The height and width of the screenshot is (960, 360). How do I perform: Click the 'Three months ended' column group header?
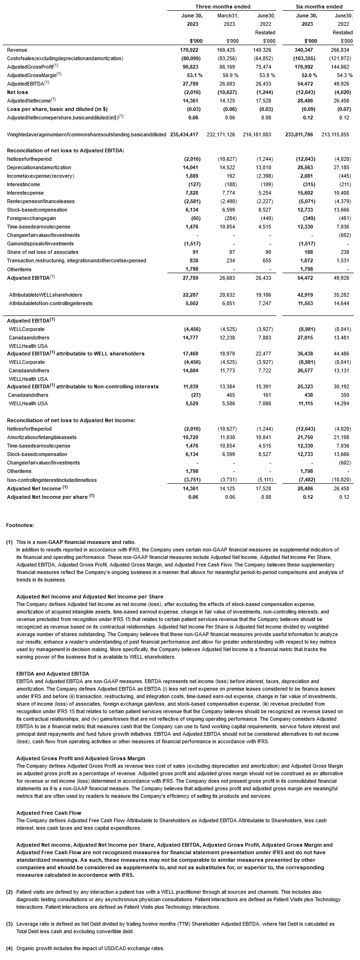tap(223, 7)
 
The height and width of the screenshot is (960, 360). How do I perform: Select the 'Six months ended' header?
tap(319, 7)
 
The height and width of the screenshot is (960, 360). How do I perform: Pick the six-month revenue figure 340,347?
tap(306, 50)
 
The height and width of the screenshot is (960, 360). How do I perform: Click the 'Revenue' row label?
tap(17, 50)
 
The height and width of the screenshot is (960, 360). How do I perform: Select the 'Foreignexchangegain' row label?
tap(30, 218)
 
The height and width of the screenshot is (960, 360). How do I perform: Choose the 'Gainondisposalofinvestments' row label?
tap(40, 244)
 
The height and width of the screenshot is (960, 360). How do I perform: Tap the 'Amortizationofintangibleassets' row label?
tap(41, 437)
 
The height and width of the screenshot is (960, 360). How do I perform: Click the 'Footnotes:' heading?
tap(20, 525)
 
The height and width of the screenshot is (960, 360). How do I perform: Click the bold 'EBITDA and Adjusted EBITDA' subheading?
tap(52, 674)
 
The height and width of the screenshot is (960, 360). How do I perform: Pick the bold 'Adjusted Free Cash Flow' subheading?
tap(48, 813)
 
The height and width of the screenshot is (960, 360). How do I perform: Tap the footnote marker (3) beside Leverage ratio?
tap(9, 924)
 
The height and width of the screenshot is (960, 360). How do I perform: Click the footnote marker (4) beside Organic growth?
tap(9, 948)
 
